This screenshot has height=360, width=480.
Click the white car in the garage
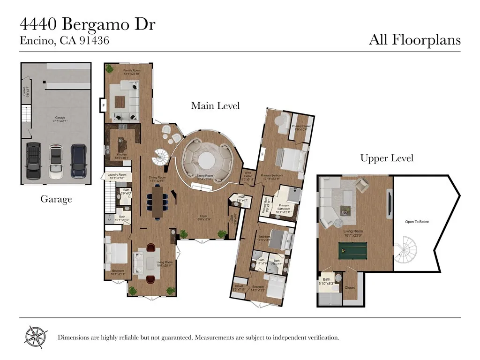[56, 161]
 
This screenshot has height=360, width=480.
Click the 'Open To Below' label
[417, 222]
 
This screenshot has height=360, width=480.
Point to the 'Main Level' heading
[215, 106]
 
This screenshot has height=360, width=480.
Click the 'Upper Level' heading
[387, 158]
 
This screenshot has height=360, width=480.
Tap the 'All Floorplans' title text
[414, 40]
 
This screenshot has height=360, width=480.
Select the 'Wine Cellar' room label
[247, 177]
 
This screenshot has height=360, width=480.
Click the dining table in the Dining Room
[157, 202]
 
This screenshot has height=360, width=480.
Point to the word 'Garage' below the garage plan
[56, 199]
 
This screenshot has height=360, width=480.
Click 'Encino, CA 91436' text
[64, 41]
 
